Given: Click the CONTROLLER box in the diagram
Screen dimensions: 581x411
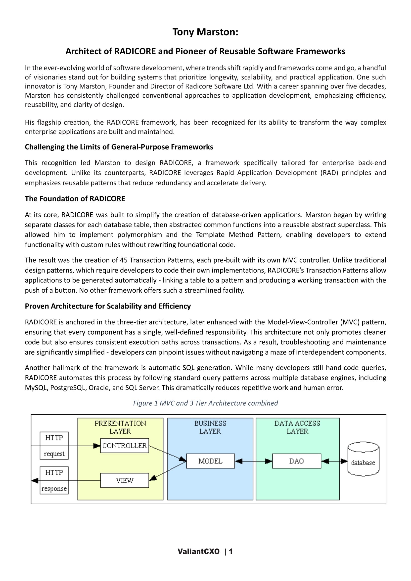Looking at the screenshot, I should click(x=124, y=445).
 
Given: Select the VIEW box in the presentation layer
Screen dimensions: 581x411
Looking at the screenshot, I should click(x=124, y=480).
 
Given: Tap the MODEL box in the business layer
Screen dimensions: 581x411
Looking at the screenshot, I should click(x=210, y=461).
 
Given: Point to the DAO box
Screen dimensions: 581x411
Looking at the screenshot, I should click(x=296, y=461).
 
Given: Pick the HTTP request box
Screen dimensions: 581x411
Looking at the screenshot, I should click(x=54, y=445).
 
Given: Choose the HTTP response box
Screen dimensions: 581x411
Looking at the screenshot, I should click(x=54, y=480).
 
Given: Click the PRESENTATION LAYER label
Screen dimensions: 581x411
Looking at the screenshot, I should click(x=120, y=427).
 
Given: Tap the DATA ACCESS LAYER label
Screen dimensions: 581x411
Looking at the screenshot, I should click(x=297, y=427).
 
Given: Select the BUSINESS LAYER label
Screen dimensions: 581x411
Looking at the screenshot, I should click(x=210, y=427).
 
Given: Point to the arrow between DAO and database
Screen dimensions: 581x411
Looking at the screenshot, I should click(x=334, y=461).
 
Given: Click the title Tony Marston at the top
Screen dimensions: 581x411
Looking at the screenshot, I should click(x=205, y=32).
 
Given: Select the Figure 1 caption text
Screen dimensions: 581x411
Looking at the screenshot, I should click(x=205, y=403).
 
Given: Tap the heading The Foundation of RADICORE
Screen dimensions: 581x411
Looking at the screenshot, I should click(x=75, y=199).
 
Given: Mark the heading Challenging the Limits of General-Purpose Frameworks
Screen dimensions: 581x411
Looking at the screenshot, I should click(x=119, y=147).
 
